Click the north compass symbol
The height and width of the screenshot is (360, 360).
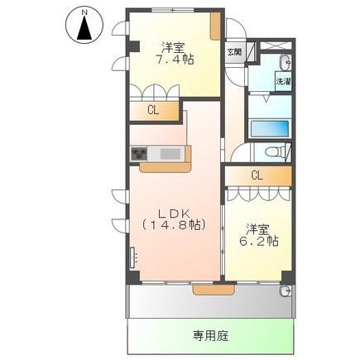pos(84,27)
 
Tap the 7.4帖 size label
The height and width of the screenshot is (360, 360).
pos(175,60)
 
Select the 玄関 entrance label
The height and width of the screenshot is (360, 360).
pos(235,52)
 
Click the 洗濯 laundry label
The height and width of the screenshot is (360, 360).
pos(282,83)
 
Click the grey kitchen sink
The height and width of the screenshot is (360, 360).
pos(170,153)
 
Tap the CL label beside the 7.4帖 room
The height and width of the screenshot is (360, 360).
pos(153,110)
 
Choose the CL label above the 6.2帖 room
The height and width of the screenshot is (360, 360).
pos(257,175)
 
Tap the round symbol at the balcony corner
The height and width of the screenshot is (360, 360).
pos(286,290)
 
